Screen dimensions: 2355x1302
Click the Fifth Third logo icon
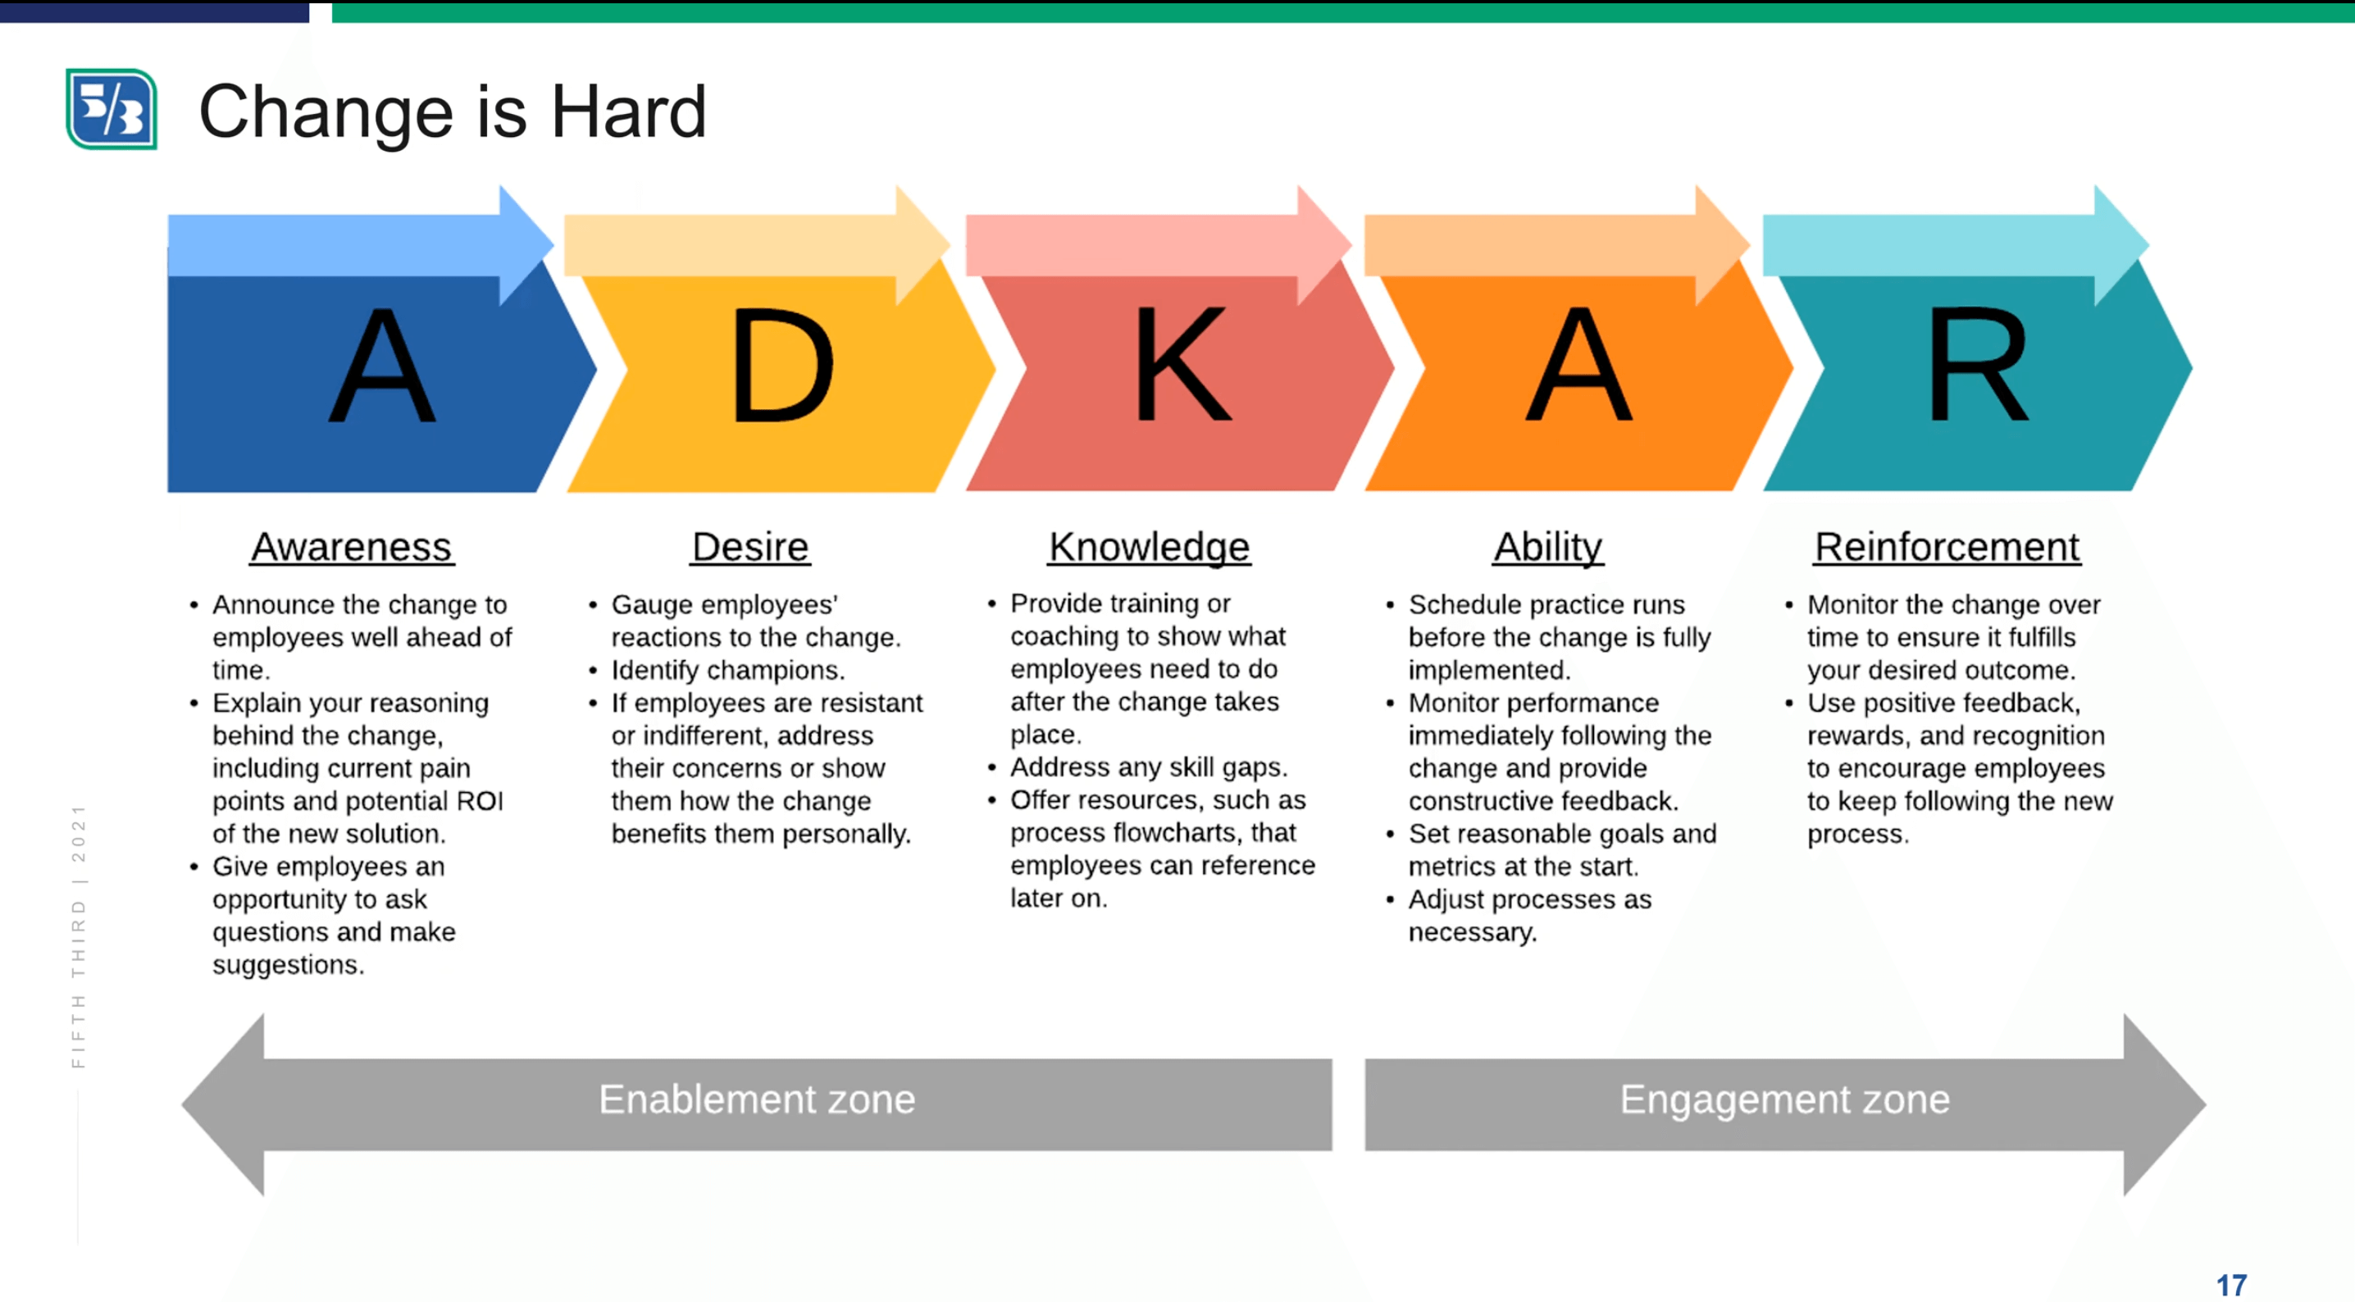(112, 109)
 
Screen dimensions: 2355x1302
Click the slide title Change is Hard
(453, 112)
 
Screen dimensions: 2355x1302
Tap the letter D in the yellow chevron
(782, 365)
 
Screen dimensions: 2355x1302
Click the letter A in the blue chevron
(382, 365)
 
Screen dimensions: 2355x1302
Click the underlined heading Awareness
(352, 547)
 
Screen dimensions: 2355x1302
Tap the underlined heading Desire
(750, 547)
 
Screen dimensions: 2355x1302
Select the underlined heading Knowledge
(1149, 547)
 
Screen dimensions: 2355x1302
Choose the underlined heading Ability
(1548, 547)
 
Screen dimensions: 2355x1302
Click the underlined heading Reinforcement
(1947, 547)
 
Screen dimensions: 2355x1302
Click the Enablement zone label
(757, 1099)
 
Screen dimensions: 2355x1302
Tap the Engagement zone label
(1785, 1099)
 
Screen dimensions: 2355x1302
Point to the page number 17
(2231, 1285)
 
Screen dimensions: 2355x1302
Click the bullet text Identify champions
(727, 670)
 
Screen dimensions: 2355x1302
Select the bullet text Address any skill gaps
(1149, 767)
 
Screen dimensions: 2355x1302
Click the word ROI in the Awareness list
(480, 801)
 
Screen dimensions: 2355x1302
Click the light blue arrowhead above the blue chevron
(526, 245)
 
